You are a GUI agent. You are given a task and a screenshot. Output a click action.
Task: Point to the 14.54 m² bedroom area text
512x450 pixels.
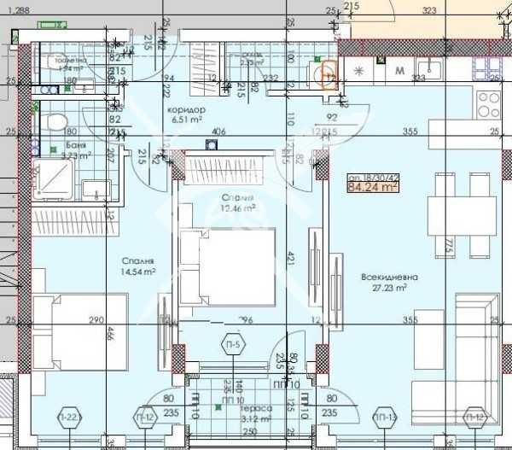pos(137,272)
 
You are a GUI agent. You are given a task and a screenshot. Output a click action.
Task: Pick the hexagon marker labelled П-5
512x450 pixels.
pos(231,345)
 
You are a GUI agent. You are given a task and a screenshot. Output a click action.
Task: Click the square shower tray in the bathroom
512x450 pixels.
pos(54,178)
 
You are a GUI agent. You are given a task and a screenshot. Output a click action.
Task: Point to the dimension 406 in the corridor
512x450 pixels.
pos(218,131)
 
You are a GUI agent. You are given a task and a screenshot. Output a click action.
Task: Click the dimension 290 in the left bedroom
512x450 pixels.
pos(96,320)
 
